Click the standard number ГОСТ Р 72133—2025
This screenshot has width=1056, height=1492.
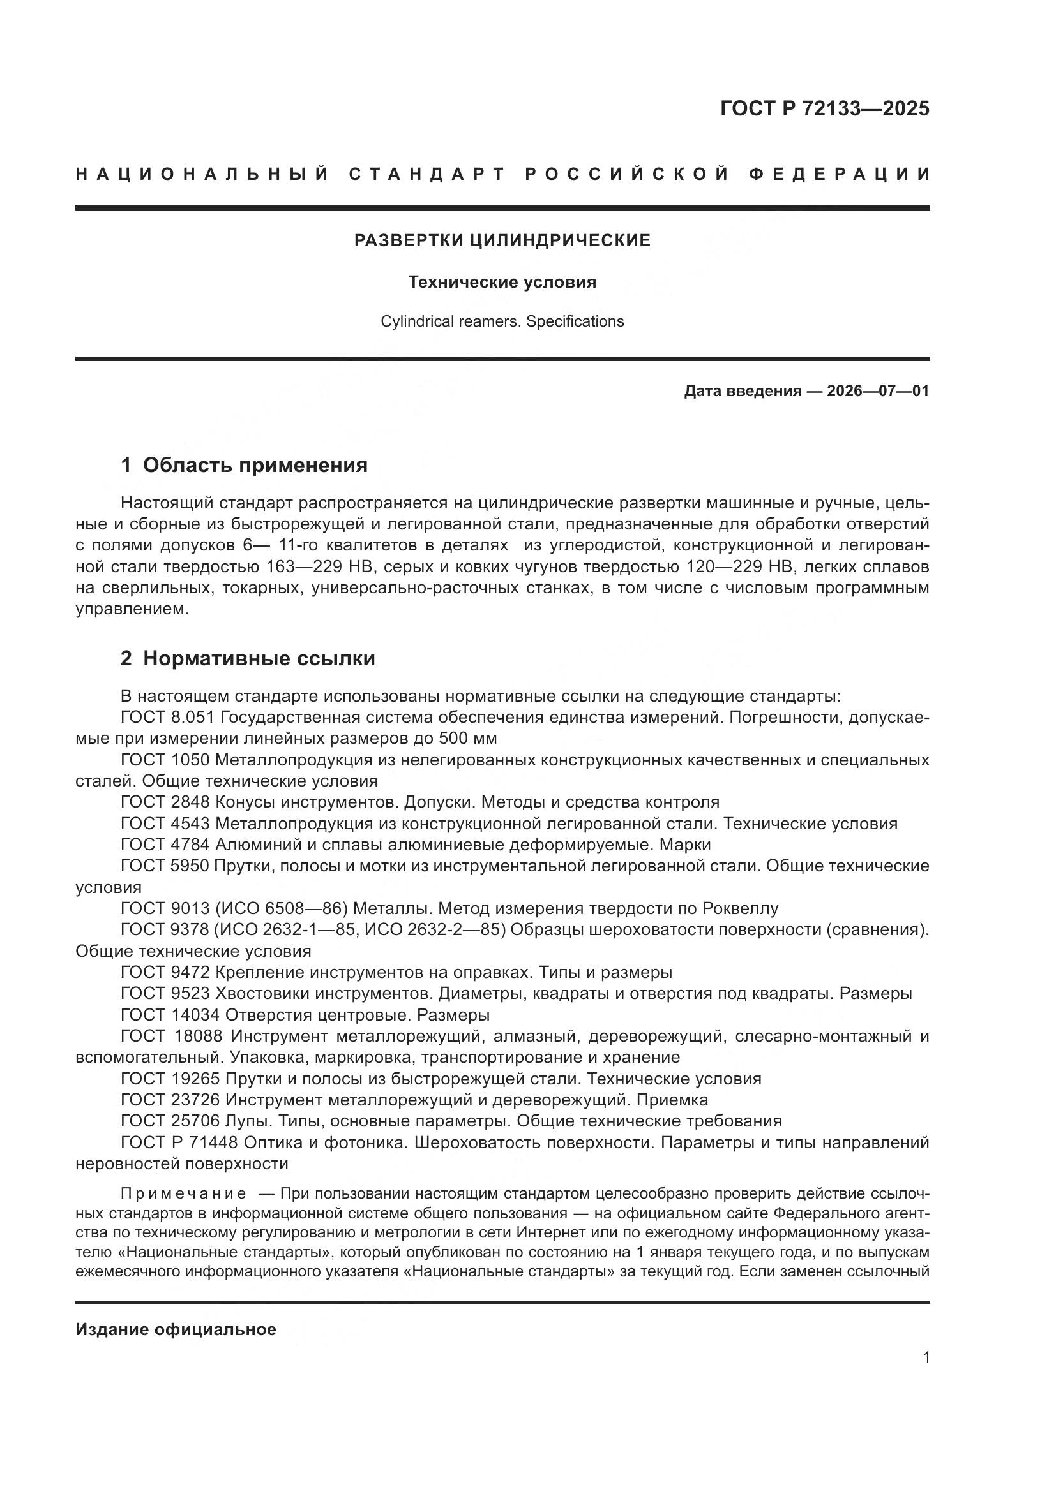tap(824, 108)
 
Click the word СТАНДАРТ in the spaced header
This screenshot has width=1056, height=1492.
tap(426, 174)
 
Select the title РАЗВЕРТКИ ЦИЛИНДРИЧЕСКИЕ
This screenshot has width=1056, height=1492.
tap(502, 240)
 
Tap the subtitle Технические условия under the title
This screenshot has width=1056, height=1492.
tap(502, 283)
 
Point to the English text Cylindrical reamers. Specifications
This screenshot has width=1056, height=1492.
tap(502, 321)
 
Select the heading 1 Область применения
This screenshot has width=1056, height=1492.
tap(244, 465)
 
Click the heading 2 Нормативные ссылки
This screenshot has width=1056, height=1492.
tap(248, 659)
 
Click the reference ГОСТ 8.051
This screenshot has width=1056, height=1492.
tap(165, 718)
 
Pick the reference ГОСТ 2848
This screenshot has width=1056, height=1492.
tap(165, 802)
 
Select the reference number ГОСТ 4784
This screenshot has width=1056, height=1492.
tap(165, 845)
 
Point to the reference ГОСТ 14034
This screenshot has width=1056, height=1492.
tap(170, 1015)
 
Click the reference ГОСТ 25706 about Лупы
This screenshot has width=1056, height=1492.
tap(170, 1121)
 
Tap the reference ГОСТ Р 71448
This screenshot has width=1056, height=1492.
tap(179, 1142)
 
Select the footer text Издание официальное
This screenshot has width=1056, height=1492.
tap(176, 1329)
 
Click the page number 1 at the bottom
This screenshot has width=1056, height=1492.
tap(926, 1357)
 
